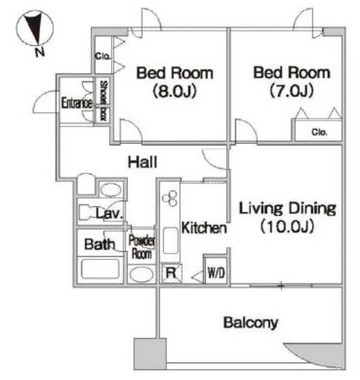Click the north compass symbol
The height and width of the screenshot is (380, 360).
(x=34, y=28)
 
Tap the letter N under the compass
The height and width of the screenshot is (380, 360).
(x=39, y=52)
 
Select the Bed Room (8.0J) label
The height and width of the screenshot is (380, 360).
(x=175, y=82)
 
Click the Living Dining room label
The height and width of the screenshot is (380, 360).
(x=287, y=217)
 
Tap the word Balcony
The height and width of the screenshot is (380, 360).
(x=250, y=322)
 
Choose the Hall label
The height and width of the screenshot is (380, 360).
(x=142, y=162)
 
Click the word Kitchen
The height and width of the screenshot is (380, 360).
(x=204, y=228)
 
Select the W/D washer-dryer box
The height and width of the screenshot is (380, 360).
(x=216, y=270)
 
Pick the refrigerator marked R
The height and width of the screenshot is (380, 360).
(x=171, y=273)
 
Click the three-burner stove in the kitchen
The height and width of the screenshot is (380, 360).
(x=170, y=199)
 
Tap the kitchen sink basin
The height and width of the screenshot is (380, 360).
(x=171, y=241)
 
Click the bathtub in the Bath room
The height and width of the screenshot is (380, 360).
(x=100, y=269)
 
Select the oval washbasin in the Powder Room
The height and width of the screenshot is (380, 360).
(x=142, y=275)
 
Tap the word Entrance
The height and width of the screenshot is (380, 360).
(x=77, y=103)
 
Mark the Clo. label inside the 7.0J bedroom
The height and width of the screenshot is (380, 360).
(x=319, y=132)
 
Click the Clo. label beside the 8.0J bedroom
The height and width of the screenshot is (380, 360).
(x=102, y=56)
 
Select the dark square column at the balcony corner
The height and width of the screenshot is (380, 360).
(x=150, y=354)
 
